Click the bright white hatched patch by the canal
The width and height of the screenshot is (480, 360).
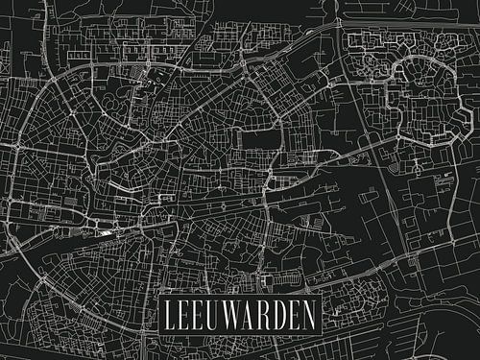pyautogui.click(x=103, y=230)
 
